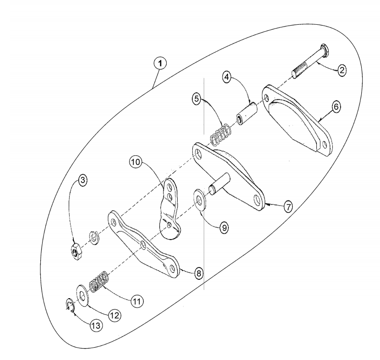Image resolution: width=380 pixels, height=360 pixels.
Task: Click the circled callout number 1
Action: [x=160, y=63]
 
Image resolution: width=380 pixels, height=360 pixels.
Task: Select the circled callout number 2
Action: [x=342, y=70]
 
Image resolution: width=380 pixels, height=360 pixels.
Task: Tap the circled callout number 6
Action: [x=336, y=107]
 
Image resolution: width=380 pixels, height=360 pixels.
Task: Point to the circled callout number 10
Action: [x=136, y=162]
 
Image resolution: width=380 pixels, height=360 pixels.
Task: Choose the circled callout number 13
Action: [x=96, y=326]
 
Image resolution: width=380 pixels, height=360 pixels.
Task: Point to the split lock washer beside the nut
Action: [x=94, y=239]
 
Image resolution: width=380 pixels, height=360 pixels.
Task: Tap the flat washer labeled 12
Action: [x=83, y=296]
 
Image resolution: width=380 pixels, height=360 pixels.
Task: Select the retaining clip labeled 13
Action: [x=70, y=305]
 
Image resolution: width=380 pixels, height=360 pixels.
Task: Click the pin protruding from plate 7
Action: [x=218, y=183]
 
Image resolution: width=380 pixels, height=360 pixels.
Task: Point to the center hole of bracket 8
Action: [x=143, y=245]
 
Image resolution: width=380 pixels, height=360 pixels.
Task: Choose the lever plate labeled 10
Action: [x=170, y=208]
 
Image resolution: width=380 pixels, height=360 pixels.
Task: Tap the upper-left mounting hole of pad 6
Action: [x=267, y=98]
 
